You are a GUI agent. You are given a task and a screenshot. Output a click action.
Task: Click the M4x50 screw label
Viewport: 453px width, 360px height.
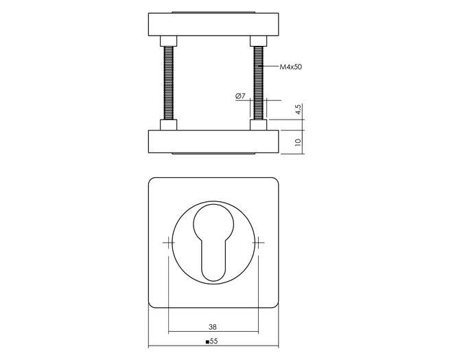[290, 67]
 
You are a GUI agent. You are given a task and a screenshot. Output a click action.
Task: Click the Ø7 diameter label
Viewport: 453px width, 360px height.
[240, 96]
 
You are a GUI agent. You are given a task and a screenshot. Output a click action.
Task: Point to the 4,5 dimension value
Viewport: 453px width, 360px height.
[298, 109]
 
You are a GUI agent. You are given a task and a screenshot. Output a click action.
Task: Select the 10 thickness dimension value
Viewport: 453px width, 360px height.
[298, 142]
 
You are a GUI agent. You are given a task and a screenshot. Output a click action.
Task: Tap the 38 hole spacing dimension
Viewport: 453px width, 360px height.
[213, 327]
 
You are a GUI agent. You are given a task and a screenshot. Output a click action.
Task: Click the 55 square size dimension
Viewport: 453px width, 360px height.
[213, 341]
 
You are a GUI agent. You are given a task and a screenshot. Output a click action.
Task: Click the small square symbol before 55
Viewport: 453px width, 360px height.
[207, 342]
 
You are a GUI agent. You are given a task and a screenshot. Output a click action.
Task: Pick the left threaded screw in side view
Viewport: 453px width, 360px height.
[168, 83]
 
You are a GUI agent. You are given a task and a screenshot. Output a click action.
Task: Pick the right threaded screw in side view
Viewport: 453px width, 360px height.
[258, 83]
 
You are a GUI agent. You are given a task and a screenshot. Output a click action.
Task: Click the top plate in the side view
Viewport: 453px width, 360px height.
[213, 24]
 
